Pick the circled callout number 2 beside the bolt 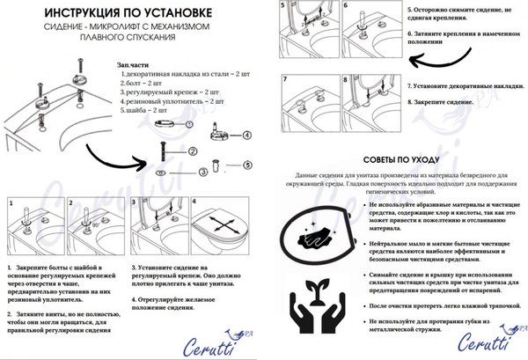click(x=193, y=152)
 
